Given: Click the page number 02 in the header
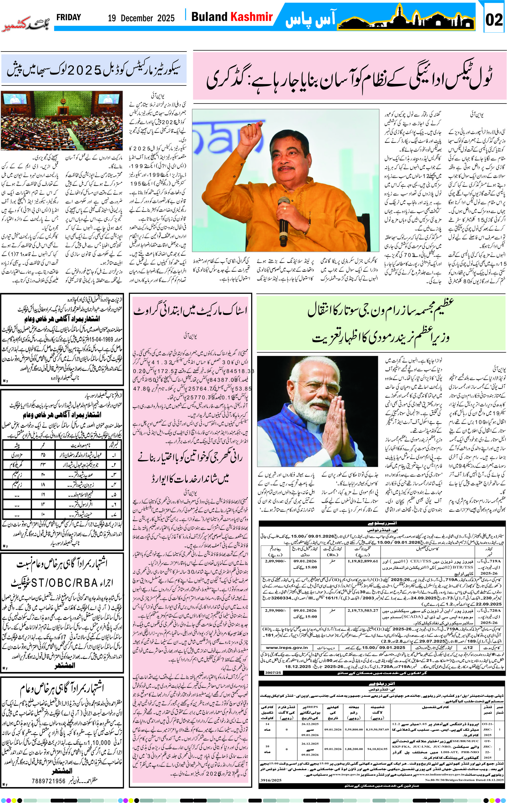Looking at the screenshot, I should point(494,20).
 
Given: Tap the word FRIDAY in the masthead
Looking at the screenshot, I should point(69,17).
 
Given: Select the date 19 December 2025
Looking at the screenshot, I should point(141,18).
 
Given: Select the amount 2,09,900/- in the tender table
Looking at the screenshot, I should point(275,561).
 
